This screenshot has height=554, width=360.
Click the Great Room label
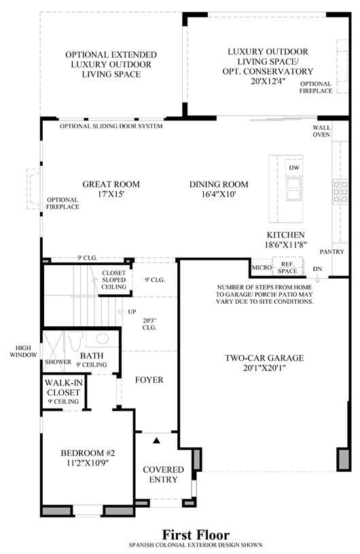pyautogui.click(x=111, y=184)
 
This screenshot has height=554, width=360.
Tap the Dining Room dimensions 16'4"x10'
pyautogui.click(x=219, y=194)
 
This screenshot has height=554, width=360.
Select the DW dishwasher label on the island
pyautogui.click(x=294, y=168)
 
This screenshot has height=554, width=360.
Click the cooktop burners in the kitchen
pyautogui.click(x=340, y=191)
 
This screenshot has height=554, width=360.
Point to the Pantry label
pyautogui.click(x=331, y=252)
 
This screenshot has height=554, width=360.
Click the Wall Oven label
pyautogui.click(x=321, y=131)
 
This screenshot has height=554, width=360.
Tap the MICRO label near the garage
pyautogui.click(x=262, y=267)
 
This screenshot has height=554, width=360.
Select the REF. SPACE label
pyautogui.click(x=287, y=267)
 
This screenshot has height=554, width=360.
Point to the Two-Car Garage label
pyautogui.click(x=264, y=358)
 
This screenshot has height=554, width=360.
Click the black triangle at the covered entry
pyautogui.click(x=156, y=440)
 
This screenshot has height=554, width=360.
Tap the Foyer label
pyautogui.click(x=149, y=380)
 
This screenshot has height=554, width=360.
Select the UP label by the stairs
pyautogui.click(x=132, y=312)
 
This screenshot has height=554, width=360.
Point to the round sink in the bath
pyautogui.click(x=103, y=339)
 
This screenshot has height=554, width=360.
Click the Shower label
pyautogui.click(x=58, y=362)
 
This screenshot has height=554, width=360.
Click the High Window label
pyautogui.click(x=23, y=351)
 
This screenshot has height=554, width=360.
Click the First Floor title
pyautogui.click(x=196, y=534)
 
